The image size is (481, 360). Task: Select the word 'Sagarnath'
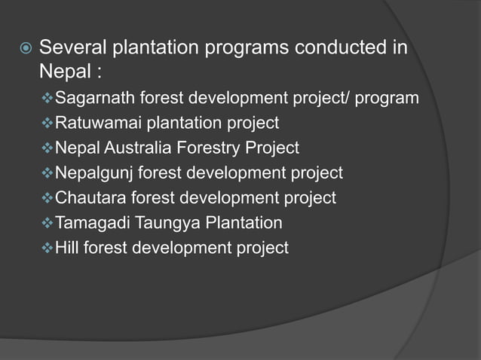(x=93, y=99)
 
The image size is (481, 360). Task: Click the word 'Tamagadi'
(x=92, y=223)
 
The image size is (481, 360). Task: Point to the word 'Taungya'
(x=162, y=223)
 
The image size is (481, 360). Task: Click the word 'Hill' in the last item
(x=68, y=248)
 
